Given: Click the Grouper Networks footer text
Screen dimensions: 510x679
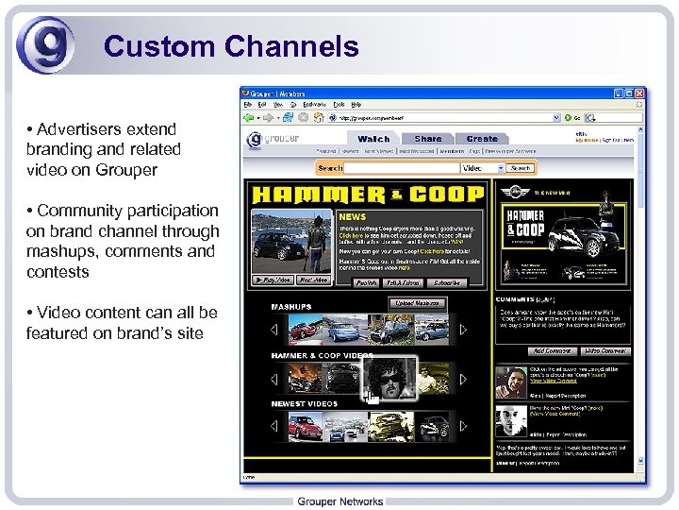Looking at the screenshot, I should [339, 501].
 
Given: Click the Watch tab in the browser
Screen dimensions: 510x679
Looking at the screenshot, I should [373, 139].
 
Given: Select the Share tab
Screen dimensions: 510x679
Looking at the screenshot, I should [427, 139].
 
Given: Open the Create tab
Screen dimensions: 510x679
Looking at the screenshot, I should [482, 139].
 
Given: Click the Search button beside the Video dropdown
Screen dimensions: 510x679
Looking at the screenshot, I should [521, 168].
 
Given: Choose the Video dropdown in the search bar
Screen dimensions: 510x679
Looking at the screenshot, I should [482, 168].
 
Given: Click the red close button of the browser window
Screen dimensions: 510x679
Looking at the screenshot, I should [640, 93].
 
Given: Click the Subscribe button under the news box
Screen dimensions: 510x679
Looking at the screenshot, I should [446, 282].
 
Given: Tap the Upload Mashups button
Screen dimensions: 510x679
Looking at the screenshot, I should [417, 303].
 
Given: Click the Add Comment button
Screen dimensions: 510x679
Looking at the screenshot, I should [551, 350].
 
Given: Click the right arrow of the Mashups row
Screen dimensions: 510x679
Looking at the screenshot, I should [482, 330].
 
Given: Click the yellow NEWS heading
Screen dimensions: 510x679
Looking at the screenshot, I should [352, 216].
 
